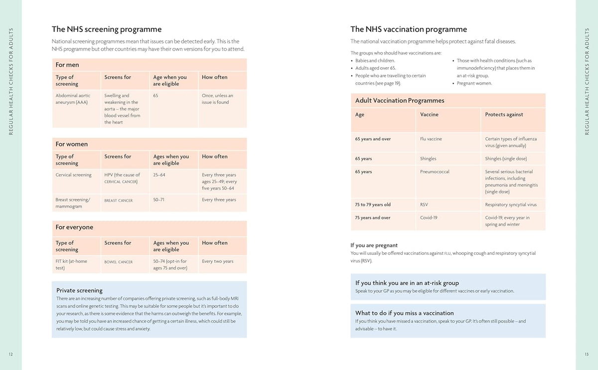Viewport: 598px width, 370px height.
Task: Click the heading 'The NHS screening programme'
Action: click(107, 29)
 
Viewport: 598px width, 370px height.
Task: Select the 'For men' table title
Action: click(67, 65)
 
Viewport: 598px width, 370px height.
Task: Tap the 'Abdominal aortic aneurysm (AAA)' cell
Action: click(73, 99)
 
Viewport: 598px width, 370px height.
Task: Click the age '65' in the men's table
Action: click(155, 95)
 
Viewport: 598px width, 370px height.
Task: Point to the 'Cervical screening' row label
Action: click(73, 175)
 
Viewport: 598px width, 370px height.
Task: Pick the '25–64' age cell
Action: click(159, 175)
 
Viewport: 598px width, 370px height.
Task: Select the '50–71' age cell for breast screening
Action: click(158, 199)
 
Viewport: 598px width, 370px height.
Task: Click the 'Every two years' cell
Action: click(218, 261)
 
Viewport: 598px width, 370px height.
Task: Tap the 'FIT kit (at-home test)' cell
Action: click(71, 264)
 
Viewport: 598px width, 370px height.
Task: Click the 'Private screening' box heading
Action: click(79, 290)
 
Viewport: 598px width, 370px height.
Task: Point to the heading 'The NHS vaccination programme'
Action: click(409, 29)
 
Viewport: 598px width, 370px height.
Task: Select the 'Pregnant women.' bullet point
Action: click(474, 83)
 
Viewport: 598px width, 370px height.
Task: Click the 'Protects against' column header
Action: click(504, 114)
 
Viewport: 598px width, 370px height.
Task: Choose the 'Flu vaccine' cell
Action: click(431, 139)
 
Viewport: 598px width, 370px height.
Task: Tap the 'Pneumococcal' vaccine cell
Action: click(435, 172)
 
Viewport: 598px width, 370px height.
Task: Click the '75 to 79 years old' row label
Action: click(373, 204)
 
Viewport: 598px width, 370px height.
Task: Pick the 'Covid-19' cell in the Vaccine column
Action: click(429, 217)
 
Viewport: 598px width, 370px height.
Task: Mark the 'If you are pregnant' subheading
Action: click(374, 245)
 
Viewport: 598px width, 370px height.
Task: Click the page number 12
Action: click(10, 354)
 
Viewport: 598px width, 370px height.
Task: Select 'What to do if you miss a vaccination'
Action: click(405, 313)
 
